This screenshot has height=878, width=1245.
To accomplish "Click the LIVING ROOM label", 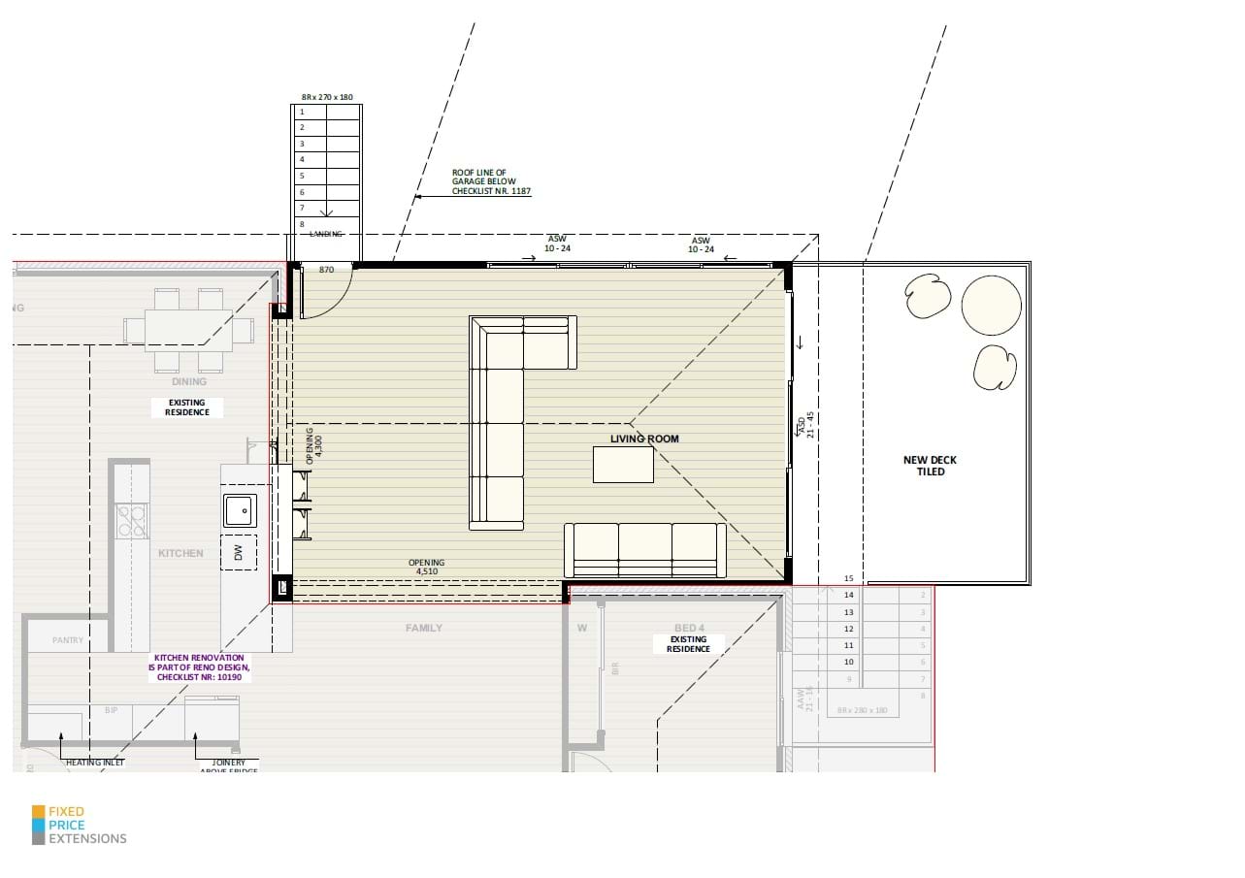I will tap(644, 439).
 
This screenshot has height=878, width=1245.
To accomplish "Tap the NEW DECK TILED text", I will tap(930, 466).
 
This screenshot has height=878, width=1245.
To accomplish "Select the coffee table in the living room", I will tap(623, 464).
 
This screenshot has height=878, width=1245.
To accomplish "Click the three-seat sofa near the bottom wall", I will tap(645, 550).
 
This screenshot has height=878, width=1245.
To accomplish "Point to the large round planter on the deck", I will tap(991, 304).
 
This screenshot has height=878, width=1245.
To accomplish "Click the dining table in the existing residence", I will tap(188, 329).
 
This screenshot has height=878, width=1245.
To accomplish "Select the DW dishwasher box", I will tap(238, 552).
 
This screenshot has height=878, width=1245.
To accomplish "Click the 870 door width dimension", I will tap(326, 270).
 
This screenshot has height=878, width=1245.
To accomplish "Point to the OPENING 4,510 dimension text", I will tap(426, 568).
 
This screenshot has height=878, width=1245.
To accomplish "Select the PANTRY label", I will tap(68, 640).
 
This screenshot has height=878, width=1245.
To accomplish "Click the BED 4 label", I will tap(689, 628).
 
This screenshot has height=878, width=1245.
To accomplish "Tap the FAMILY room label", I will tap(424, 628).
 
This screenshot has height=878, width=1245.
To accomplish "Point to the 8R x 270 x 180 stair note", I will tap(326, 97).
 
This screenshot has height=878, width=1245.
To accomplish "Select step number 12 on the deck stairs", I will tap(848, 629).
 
